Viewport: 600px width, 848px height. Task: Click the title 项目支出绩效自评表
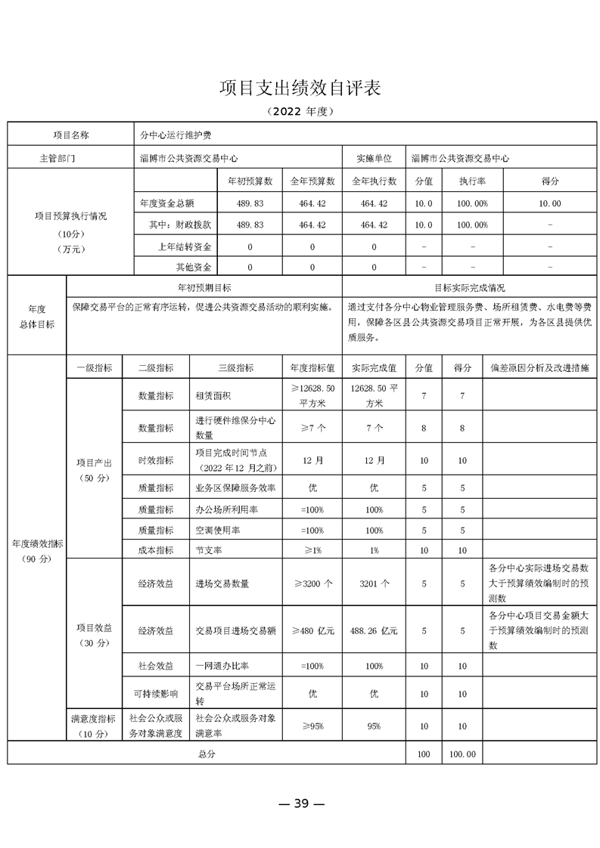(300, 88)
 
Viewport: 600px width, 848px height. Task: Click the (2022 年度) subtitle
(300, 111)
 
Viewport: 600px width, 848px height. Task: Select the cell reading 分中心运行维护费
(176, 135)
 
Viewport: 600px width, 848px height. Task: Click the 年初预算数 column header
(250, 182)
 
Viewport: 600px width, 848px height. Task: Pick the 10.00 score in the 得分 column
(549, 204)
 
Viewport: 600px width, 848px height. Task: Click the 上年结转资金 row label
(185, 246)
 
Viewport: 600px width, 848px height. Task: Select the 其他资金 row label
(194, 268)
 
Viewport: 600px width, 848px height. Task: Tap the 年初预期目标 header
(204, 288)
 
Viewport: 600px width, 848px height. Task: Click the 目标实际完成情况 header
(469, 288)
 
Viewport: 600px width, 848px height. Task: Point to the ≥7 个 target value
(312, 429)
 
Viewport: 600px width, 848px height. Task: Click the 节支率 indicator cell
(208, 551)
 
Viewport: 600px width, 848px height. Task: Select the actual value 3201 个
(374, 583)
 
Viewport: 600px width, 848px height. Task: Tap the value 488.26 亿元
(374, 630)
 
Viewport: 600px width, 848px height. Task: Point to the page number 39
(301, 803)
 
